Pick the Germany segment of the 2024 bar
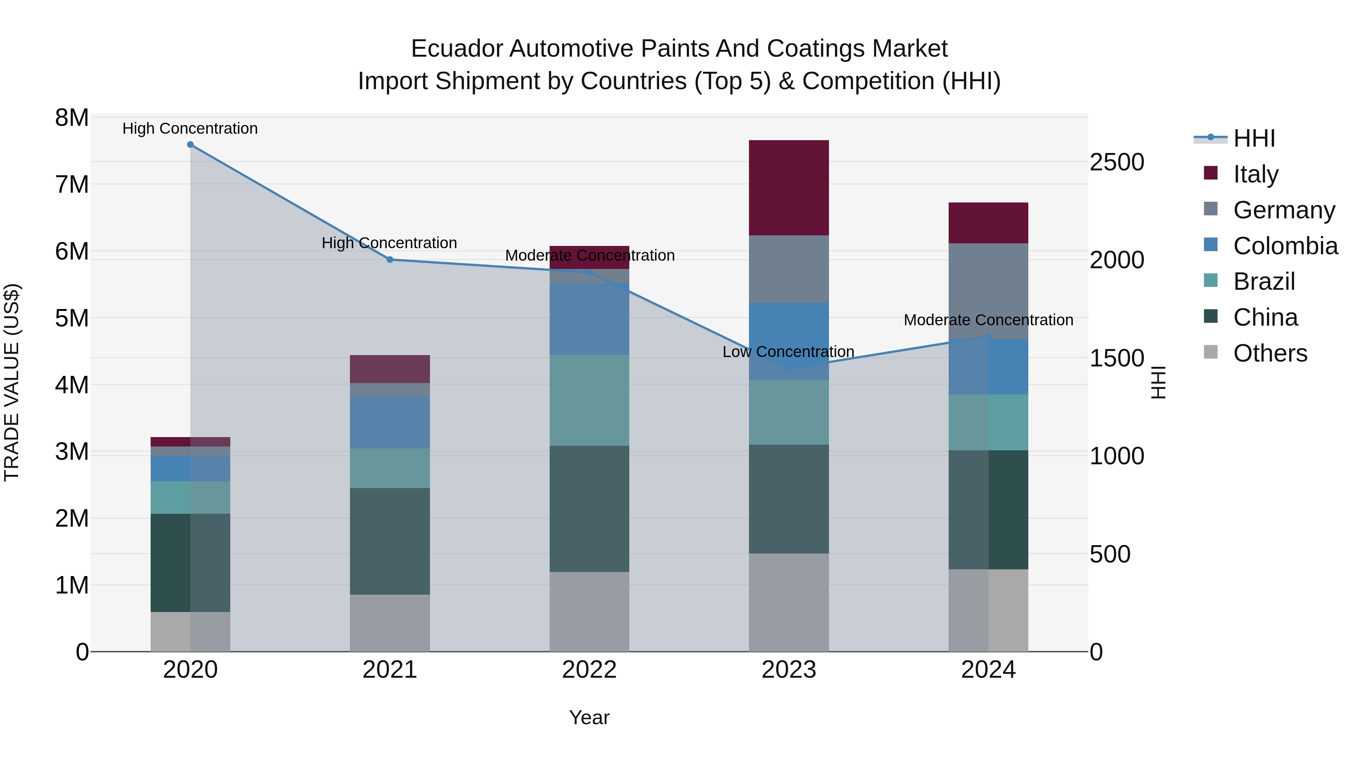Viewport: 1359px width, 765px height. [x=988, y=291]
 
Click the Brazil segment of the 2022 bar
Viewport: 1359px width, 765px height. [x=589, y=400]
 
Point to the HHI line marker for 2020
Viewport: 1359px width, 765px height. [x=191, y=145]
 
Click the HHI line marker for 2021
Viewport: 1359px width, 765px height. [x=390, y=259]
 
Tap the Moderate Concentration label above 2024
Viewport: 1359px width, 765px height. [x=988, y=320]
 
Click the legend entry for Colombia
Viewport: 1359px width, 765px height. [x=1285, y=246]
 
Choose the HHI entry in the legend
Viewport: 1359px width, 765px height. [x=1253, y=138]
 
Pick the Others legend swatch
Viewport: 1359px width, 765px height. [x=1211, y=352]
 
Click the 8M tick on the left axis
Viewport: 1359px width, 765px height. [x=72, y=118]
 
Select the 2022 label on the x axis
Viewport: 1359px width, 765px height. [x=589, y=670]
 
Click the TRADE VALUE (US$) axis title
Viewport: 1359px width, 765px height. [x=12, y=382]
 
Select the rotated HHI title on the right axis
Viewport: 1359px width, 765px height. [x=1157, y=382]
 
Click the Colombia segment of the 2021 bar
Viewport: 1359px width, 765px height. [x=390, y=422]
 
